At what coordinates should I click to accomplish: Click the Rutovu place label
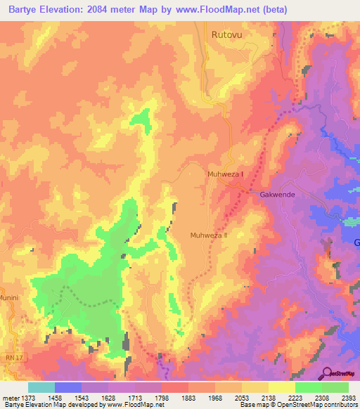226,33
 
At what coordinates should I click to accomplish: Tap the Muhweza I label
226,174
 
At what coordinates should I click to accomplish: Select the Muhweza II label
210,235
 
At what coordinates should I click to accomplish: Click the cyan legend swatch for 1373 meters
41,387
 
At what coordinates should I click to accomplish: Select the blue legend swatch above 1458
68,387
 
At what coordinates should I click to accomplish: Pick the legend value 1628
108,398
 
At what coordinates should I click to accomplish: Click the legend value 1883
188,398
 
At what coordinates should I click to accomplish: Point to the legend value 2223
295,398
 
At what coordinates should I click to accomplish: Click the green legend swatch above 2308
308,387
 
